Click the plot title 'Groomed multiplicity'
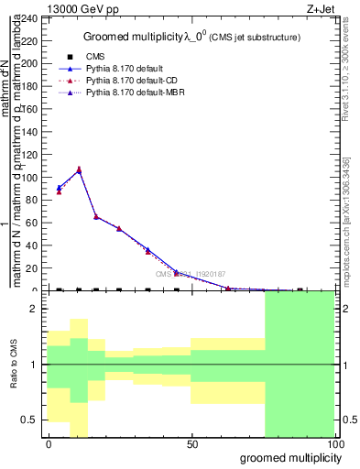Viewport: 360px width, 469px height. pos(126,37)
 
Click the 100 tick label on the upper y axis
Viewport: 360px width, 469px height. pos(33,177)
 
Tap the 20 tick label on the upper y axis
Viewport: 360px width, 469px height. pos(33,267)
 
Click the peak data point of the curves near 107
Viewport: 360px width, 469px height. pos(79,169)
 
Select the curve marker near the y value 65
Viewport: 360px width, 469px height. pos(96,217)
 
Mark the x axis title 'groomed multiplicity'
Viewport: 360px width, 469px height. pos(283,456)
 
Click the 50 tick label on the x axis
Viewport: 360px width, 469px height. pos(191,444)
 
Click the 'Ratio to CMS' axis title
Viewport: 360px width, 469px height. pos(14,365)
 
